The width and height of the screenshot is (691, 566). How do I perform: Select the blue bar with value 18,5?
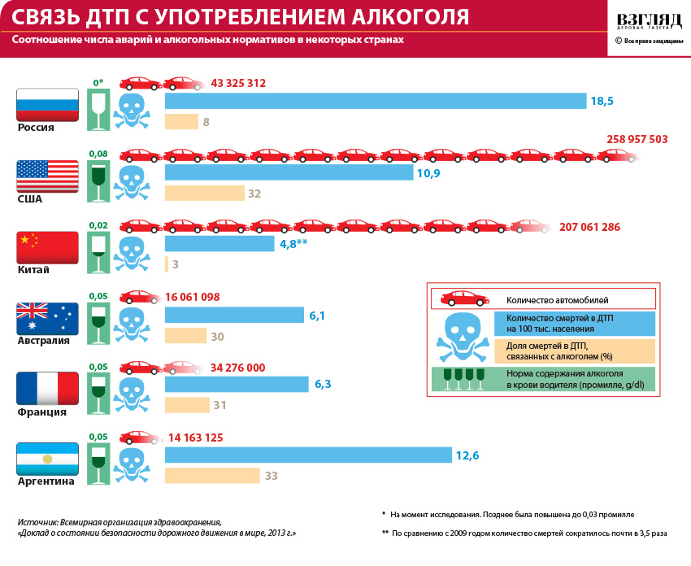tap(376, 101)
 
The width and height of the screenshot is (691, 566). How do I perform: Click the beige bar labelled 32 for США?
tap(204, 194)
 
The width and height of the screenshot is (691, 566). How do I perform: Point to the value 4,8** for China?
tap(293, 243)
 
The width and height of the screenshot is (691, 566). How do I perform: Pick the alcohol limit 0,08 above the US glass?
tap(98, 154)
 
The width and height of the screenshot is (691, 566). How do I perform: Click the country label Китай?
tap(34, 270)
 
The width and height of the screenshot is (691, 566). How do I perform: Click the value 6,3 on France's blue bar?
tap(323, 384)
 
